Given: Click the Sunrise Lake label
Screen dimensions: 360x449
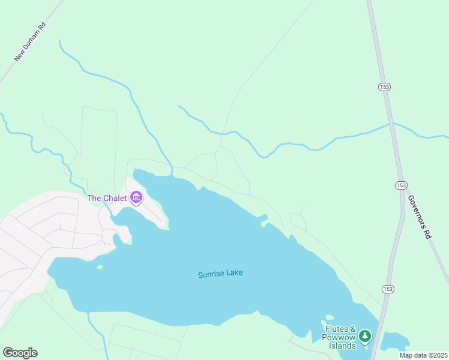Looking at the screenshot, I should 220,274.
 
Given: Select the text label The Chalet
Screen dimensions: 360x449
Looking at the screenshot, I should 107,198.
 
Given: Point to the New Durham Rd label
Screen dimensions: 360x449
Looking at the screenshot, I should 30,42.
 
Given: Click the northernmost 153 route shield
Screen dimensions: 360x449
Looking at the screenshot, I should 384,87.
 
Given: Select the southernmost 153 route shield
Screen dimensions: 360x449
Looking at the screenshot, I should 388,289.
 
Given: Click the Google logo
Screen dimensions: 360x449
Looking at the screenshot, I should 20,353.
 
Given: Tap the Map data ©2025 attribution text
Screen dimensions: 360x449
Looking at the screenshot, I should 423,355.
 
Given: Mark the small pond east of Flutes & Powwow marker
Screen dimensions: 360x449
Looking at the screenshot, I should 394,340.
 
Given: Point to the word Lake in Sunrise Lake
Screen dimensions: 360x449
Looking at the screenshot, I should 235,274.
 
